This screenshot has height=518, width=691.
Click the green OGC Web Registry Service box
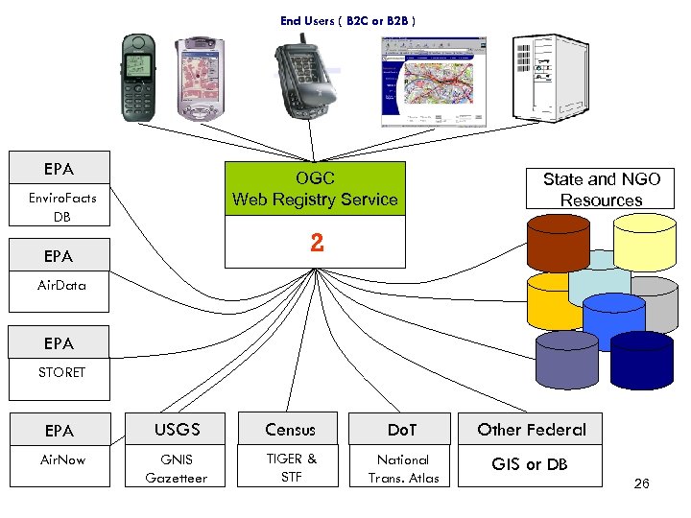coord(315,189)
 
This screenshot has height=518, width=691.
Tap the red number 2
coord(317,244)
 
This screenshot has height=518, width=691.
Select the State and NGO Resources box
coord(601,189)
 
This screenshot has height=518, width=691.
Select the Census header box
coord(290,430)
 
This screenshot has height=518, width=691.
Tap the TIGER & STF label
coord(291,468)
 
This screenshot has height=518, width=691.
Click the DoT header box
coord(401,430)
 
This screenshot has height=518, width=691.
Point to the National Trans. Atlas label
coord(403,468)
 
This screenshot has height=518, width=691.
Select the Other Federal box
coord(532,430)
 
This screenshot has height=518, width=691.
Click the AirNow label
coord(62,460)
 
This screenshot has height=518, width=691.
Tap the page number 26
coord(641,483)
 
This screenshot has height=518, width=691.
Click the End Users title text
coord(347,20)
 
